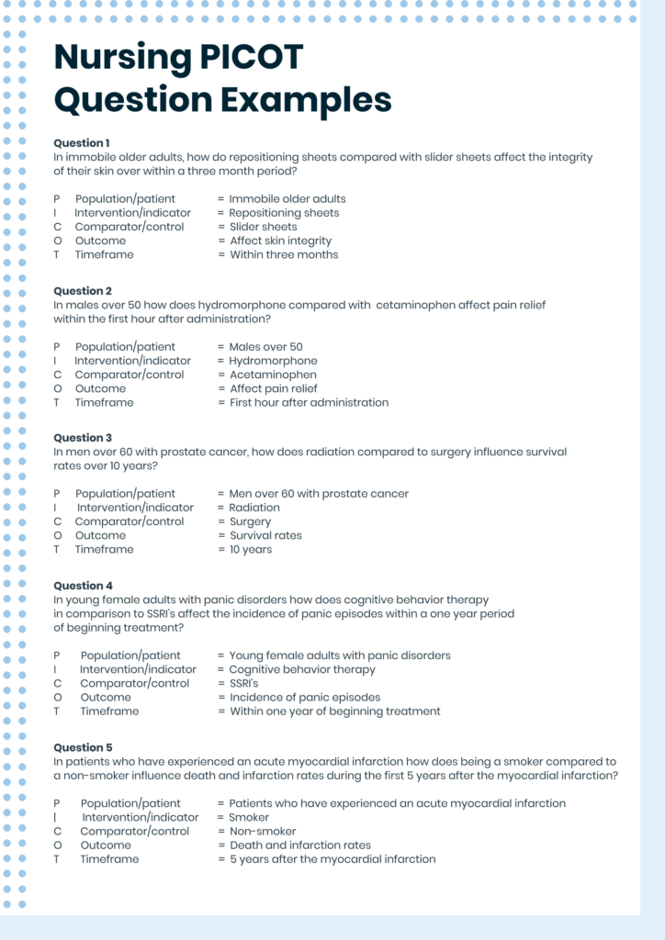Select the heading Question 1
pos(82,143)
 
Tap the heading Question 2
pos(83,291)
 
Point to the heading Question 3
pos(83,438)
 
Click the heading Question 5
pos(83,747)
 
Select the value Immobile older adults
pos(287,198)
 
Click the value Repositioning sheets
pos(284,213)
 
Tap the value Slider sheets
pos(263,227)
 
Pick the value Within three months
pos(284,254)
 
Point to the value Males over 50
pos(265,347)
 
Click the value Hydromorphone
pos(273,361)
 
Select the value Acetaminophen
pos(273,375)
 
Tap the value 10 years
pos(251,549)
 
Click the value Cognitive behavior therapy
pos(302,669)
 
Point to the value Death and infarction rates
pos(300,845)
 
